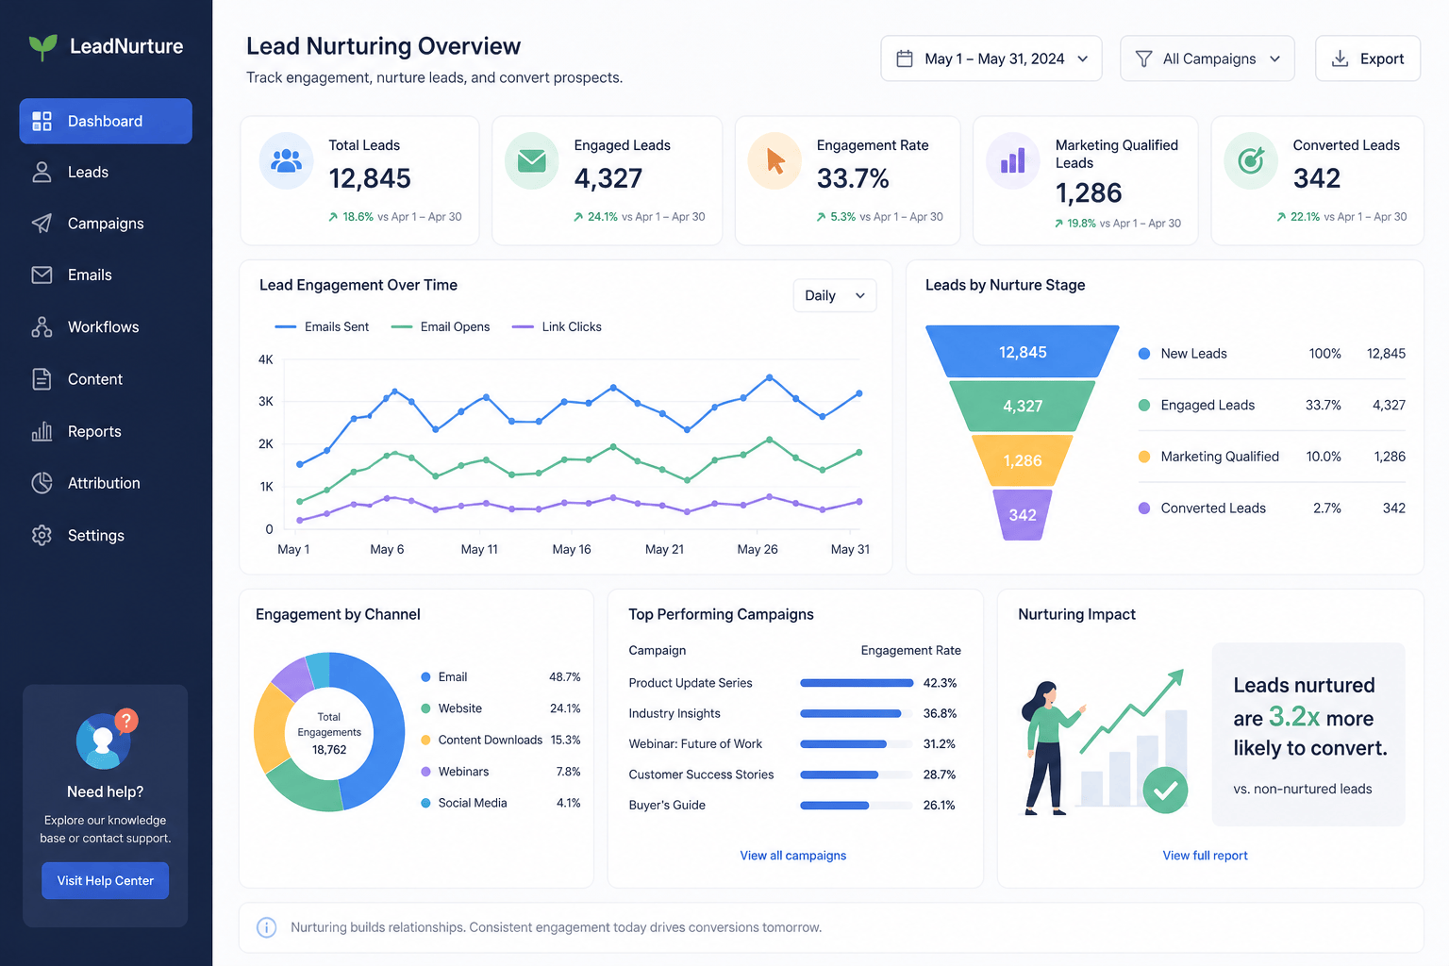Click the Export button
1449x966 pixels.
[x=1368, y=58]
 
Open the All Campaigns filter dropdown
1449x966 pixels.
[x=1207, y=58]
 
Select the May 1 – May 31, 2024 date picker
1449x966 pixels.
[x=991, y=58]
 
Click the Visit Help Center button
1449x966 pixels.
[x=106, y=880]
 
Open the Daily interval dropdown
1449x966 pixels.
[x=835, y=295]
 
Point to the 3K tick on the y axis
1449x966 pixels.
[x=266, y=401]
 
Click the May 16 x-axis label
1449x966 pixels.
[x=571, y=549]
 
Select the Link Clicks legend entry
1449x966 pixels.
[x=557, y=326]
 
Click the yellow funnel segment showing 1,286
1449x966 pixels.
[x=1022, y=460]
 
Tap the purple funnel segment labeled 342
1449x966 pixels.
[x=1022, y=515]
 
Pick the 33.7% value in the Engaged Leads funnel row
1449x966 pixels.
[x=1323, y=405]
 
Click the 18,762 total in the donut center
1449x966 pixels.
[x=329, y=749]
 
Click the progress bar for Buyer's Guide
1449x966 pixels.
[x=856, y=806]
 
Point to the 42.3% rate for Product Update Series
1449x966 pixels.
[x=940, y=683]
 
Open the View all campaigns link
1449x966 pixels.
[x=793, y=856]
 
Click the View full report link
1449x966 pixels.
[x=1205, y=856]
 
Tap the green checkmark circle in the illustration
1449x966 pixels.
[x=1165, y=790]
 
